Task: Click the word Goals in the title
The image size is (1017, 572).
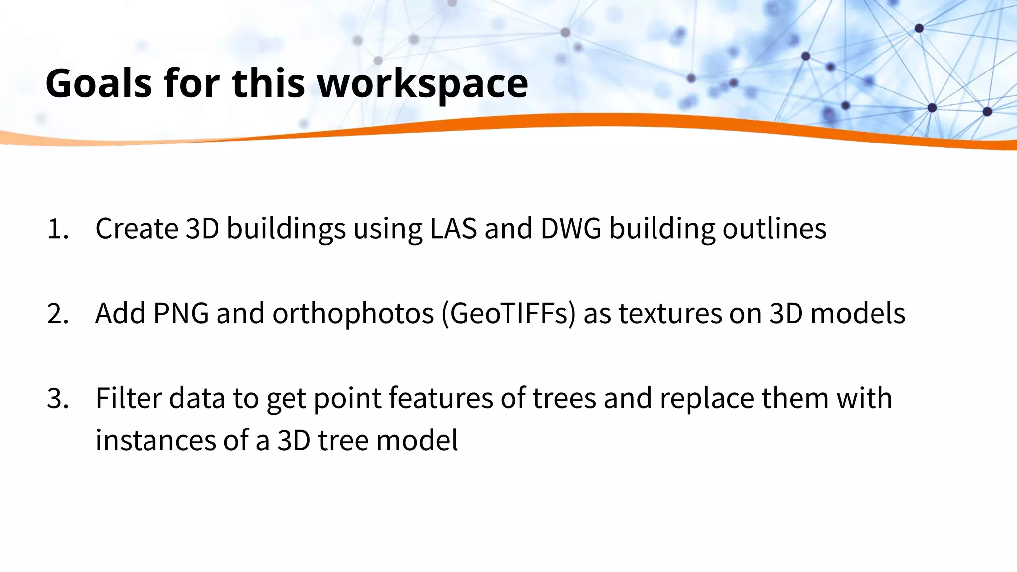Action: click(x=98, y=83)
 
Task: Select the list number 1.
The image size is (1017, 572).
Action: click(x=57, y=229)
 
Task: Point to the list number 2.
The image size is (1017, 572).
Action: click(x=57, y=314)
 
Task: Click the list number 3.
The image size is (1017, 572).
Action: click(x=57, y=399)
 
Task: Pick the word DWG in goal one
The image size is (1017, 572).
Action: click(x=571, y=228)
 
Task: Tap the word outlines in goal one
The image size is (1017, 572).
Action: click(x=774, y=228)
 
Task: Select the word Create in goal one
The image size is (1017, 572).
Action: click(x=137, y=228)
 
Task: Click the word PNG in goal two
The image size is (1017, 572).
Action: click(x=181, y=314)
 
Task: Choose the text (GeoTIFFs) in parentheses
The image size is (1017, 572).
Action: click(x=508, y=314)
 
